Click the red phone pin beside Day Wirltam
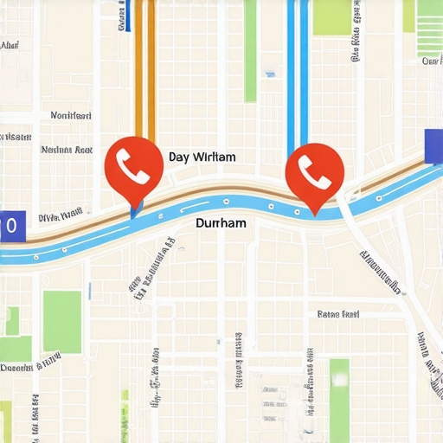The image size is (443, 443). pos(133,164)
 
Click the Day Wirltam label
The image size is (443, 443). pos(202,157)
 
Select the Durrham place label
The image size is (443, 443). pos(221,223)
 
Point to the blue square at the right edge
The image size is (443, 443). pos(433,145)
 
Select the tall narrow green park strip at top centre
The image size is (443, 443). pos(250,52)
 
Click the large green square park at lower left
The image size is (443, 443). pos(62,321)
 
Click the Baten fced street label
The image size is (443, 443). pos(338,314)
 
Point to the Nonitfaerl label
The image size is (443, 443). pos(71,115)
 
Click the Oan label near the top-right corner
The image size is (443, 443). pos(431,61)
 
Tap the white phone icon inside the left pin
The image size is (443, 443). pos(133,161)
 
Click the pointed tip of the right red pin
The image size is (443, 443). pos(315,211)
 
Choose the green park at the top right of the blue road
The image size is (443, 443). pos(331,17)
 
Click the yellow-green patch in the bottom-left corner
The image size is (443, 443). pos(6,420)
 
